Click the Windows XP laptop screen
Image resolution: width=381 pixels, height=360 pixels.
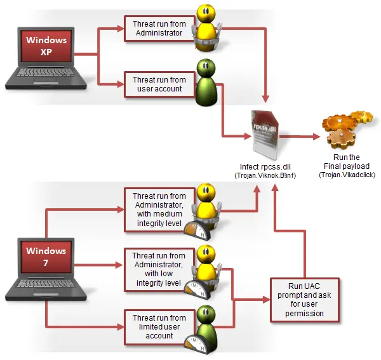click(x=46, y=46)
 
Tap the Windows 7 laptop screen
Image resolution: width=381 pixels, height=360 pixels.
click(x=46, y=257)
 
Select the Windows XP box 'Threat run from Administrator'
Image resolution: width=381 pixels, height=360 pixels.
click(x=159, y=29)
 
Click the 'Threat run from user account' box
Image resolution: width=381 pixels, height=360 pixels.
click(x=159, y=84)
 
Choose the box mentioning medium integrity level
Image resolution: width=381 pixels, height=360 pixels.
click(x=159, y=210)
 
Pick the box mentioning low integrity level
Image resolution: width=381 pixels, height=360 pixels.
click(x=159, y=269)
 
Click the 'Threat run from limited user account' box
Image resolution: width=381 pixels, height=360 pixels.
click(x=159, y=327)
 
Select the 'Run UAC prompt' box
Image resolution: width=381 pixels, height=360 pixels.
click(x=304, y=300)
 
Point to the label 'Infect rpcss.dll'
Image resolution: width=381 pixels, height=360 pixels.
click(x=265, y=167)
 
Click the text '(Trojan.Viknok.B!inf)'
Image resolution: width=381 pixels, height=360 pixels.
click(x=265, y=175)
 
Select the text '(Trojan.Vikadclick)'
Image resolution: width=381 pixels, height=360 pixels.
click(x=347, y=175)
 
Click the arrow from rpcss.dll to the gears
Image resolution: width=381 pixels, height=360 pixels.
click(x=300, y=137)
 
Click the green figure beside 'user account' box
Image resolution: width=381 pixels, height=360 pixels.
click(x=206, y=83)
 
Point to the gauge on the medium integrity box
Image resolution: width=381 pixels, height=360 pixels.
click(x=197, y=230)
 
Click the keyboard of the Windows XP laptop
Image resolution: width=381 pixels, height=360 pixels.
click(x=46, y=72)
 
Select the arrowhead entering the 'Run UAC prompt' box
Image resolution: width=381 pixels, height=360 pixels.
click(x=266, y=300)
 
